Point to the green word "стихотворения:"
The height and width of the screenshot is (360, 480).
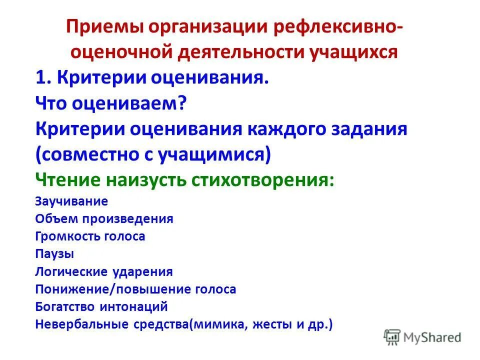[x=263, y=180]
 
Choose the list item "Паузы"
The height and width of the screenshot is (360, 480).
[x=55, y=254]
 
